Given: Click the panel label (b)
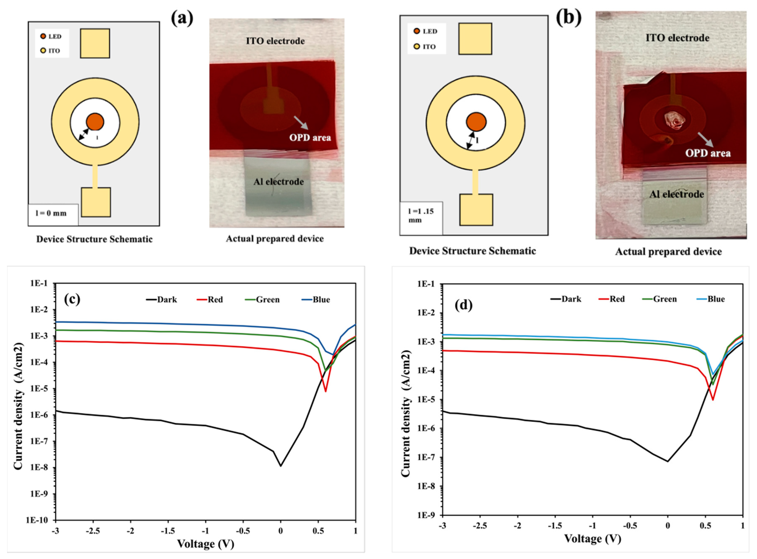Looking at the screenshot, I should tap(568, 18).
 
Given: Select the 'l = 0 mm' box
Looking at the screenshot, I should tap(53, 214).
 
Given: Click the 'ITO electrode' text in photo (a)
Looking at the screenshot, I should tap(275, 41).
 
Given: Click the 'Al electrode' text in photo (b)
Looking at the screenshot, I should tap(677, 194).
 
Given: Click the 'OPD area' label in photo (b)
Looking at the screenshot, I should tap(708, 153).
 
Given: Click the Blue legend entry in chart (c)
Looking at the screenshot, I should tap(316, 300).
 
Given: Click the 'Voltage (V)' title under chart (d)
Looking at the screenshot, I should tap(592, 538).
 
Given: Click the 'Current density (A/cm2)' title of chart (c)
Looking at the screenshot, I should tap(19, 406).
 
